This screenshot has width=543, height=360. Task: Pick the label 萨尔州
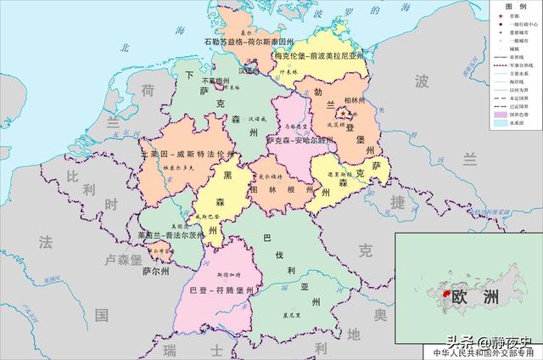click(156, 273)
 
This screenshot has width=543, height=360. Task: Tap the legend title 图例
click(515, 6)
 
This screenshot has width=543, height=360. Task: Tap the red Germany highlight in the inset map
click(442, 293)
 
